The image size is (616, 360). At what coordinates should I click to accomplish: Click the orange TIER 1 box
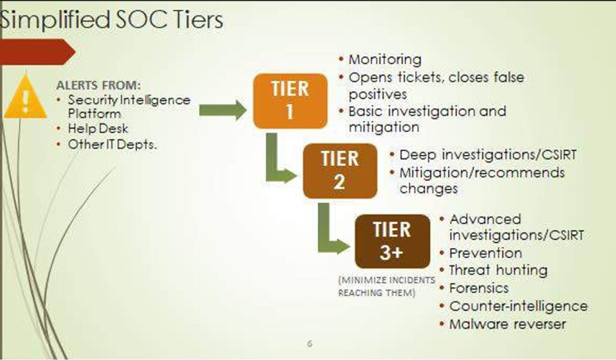point(291,101)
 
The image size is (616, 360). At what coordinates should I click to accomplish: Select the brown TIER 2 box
point(340,171)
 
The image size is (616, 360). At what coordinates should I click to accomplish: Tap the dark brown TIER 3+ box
point(392,241)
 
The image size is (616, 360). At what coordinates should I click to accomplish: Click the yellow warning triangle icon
point(25,97)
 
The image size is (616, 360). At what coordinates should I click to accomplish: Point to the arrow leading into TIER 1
point(223,110)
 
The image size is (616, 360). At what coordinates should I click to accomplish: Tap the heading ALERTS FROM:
point(98,85)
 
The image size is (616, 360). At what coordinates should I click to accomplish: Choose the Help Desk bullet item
point(98,128)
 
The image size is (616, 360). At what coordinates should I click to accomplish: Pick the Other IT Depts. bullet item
point(112,144)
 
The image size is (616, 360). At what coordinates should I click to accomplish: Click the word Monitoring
point(385,60)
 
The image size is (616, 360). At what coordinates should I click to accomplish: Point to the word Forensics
point(479,288)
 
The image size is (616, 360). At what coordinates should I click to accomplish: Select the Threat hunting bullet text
point(498,270)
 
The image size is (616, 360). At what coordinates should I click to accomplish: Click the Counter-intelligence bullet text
point(519,306)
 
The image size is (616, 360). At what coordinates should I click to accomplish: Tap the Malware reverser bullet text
point(508,324)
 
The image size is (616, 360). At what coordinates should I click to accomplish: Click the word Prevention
point(485,253)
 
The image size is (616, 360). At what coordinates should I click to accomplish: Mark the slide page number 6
point(310,344)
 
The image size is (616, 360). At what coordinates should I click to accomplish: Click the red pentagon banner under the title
point(38,52)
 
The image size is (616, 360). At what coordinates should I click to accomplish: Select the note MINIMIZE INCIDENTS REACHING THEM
point(387,287)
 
